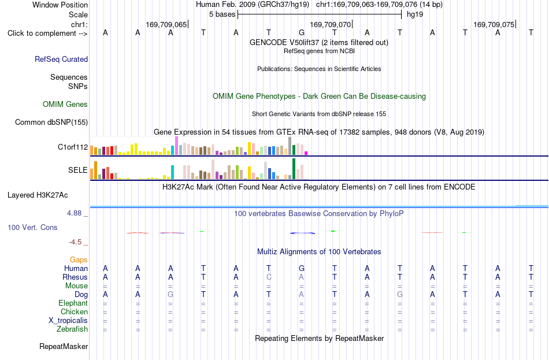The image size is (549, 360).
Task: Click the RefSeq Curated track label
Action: (x=61, y=59)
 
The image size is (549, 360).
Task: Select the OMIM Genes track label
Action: (x=65, y=105)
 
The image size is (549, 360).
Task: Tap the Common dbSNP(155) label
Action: (x=51, y=123)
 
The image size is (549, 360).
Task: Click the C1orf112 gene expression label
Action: (x=73, y=147)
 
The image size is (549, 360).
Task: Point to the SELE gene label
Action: (x=78, y=170)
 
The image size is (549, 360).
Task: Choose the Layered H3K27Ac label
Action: (x=38, y=195)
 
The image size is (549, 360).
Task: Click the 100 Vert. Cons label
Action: (x=32, y=228)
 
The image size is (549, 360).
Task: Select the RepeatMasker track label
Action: (x=64, y=347)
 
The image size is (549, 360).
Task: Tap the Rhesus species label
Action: (x=75, y=277)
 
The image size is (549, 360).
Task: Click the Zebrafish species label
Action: (x=72, y=329)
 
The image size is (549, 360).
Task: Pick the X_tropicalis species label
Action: (x=68, y=321)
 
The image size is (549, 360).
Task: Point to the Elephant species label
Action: (x=73, y=303)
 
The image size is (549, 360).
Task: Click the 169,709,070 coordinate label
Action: (x=330, y=24)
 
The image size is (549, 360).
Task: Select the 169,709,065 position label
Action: (x=166, y=24)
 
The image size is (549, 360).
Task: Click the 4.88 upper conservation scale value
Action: (x=74, y=213)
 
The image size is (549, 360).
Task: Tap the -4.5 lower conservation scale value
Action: (x=75, y=242)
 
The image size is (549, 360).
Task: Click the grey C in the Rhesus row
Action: (x=269, y=277)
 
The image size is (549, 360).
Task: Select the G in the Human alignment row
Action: (x=302, y=268)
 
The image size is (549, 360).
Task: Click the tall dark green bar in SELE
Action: (x=294, y=169)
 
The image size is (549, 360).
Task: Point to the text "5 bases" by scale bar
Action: (x=222, y=14)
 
